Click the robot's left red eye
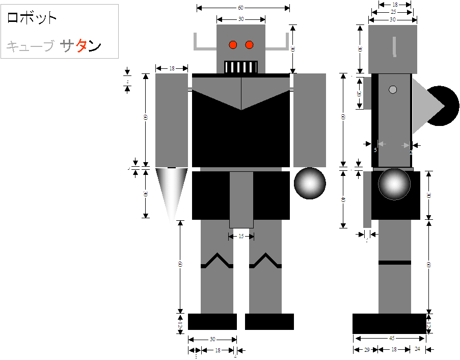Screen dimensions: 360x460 point(233,45)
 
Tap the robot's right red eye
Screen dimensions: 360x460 point(249,45)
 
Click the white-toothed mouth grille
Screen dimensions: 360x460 point(241,67)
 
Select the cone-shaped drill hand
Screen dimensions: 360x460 point(171,191)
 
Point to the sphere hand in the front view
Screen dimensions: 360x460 point(310,183)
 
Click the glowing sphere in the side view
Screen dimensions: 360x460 point(394,184)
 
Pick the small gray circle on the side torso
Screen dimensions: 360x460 point(393,90)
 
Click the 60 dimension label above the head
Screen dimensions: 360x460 point(240,8)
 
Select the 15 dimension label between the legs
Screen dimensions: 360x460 point(241,237)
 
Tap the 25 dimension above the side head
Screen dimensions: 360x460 point(393,12)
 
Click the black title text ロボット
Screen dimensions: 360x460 point(32,18)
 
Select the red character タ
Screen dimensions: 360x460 point(82,46)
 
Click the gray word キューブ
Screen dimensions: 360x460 point(30,47)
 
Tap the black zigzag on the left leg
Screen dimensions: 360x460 point(217,261)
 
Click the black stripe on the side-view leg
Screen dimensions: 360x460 point(394,262)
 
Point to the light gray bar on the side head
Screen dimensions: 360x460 point(394,46)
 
